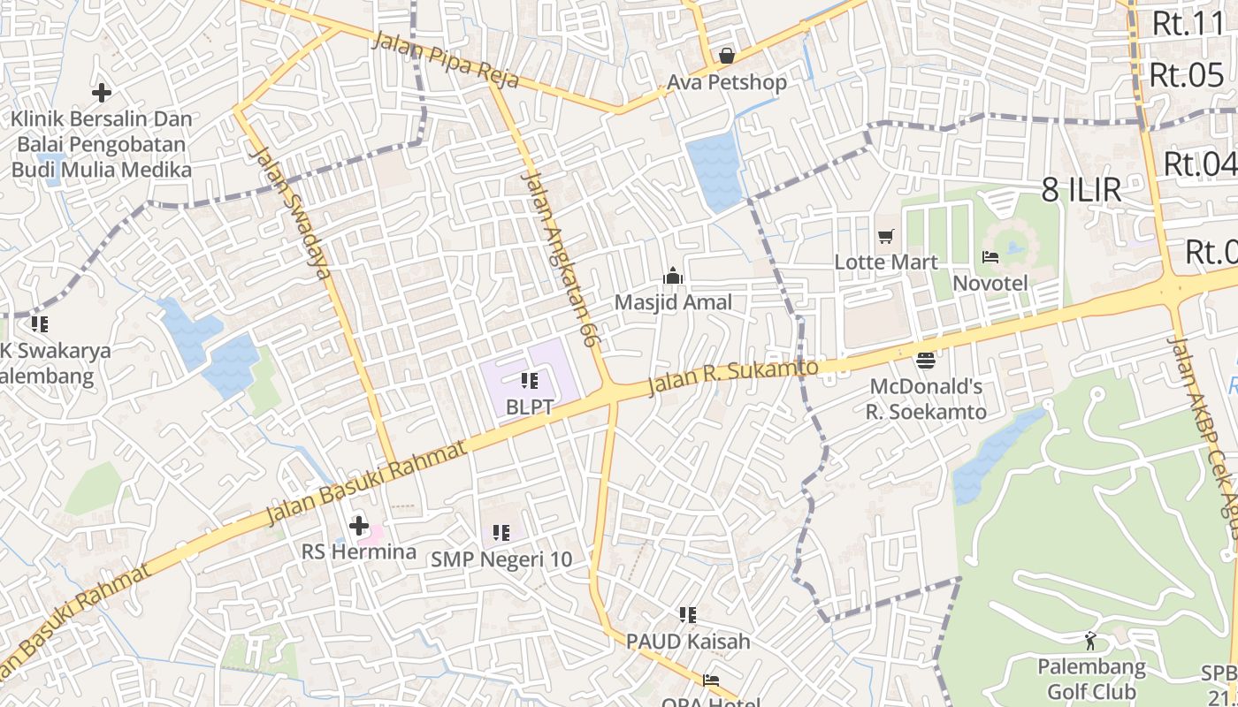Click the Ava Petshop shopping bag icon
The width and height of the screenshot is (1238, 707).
pos(726,57)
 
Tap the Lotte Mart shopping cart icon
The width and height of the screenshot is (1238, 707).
pos(886,236)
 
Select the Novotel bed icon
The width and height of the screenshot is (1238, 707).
pos(990,257)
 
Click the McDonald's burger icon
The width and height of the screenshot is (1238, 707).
pos(926,360)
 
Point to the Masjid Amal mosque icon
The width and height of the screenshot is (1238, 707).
pos(673,276)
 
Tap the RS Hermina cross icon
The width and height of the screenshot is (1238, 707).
pos(358,526)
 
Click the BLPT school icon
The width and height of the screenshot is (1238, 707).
pos(529,381)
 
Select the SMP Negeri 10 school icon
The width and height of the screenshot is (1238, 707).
pos(501,533)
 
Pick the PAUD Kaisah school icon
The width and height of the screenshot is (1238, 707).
pos(687,614)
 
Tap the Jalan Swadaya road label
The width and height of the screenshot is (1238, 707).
pos(291,212)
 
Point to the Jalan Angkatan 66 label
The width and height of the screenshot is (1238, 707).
pos(557,256)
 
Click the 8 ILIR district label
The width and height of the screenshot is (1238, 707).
pos(1081,190)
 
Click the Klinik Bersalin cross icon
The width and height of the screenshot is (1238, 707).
pos(102,92)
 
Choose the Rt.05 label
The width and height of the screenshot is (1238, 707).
pos(1187,76)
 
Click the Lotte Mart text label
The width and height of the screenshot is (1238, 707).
pos(886,262)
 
